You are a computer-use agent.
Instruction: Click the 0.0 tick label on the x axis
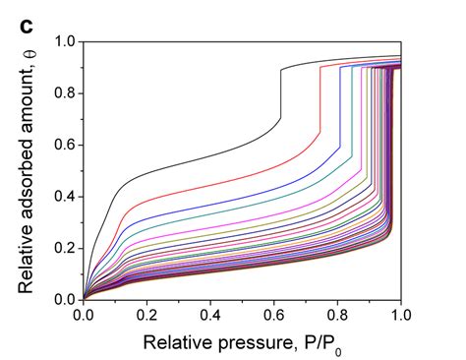coord(83,317)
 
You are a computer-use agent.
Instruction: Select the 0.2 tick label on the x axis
coord(146,317)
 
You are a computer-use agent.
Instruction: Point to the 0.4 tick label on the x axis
coord(210,317)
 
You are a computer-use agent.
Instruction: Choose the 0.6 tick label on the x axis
coord(274,317)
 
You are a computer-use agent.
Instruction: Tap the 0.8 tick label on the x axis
coord(337,317)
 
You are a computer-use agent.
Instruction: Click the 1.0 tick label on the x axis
coord(400,317)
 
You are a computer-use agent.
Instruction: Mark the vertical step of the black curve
coord(280,93)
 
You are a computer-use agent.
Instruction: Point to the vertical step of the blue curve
coord(340,108)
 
